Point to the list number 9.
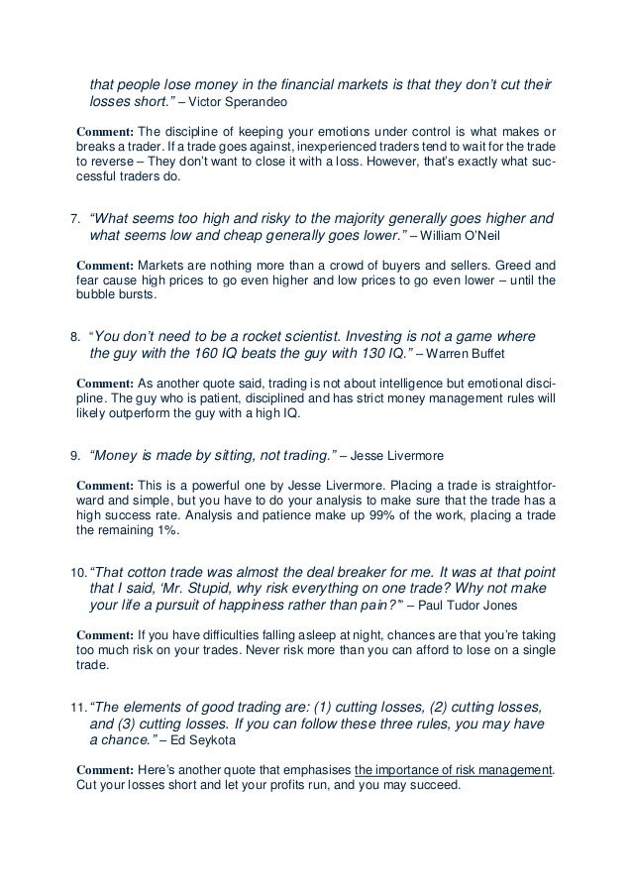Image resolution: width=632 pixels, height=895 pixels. (74, 457)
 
